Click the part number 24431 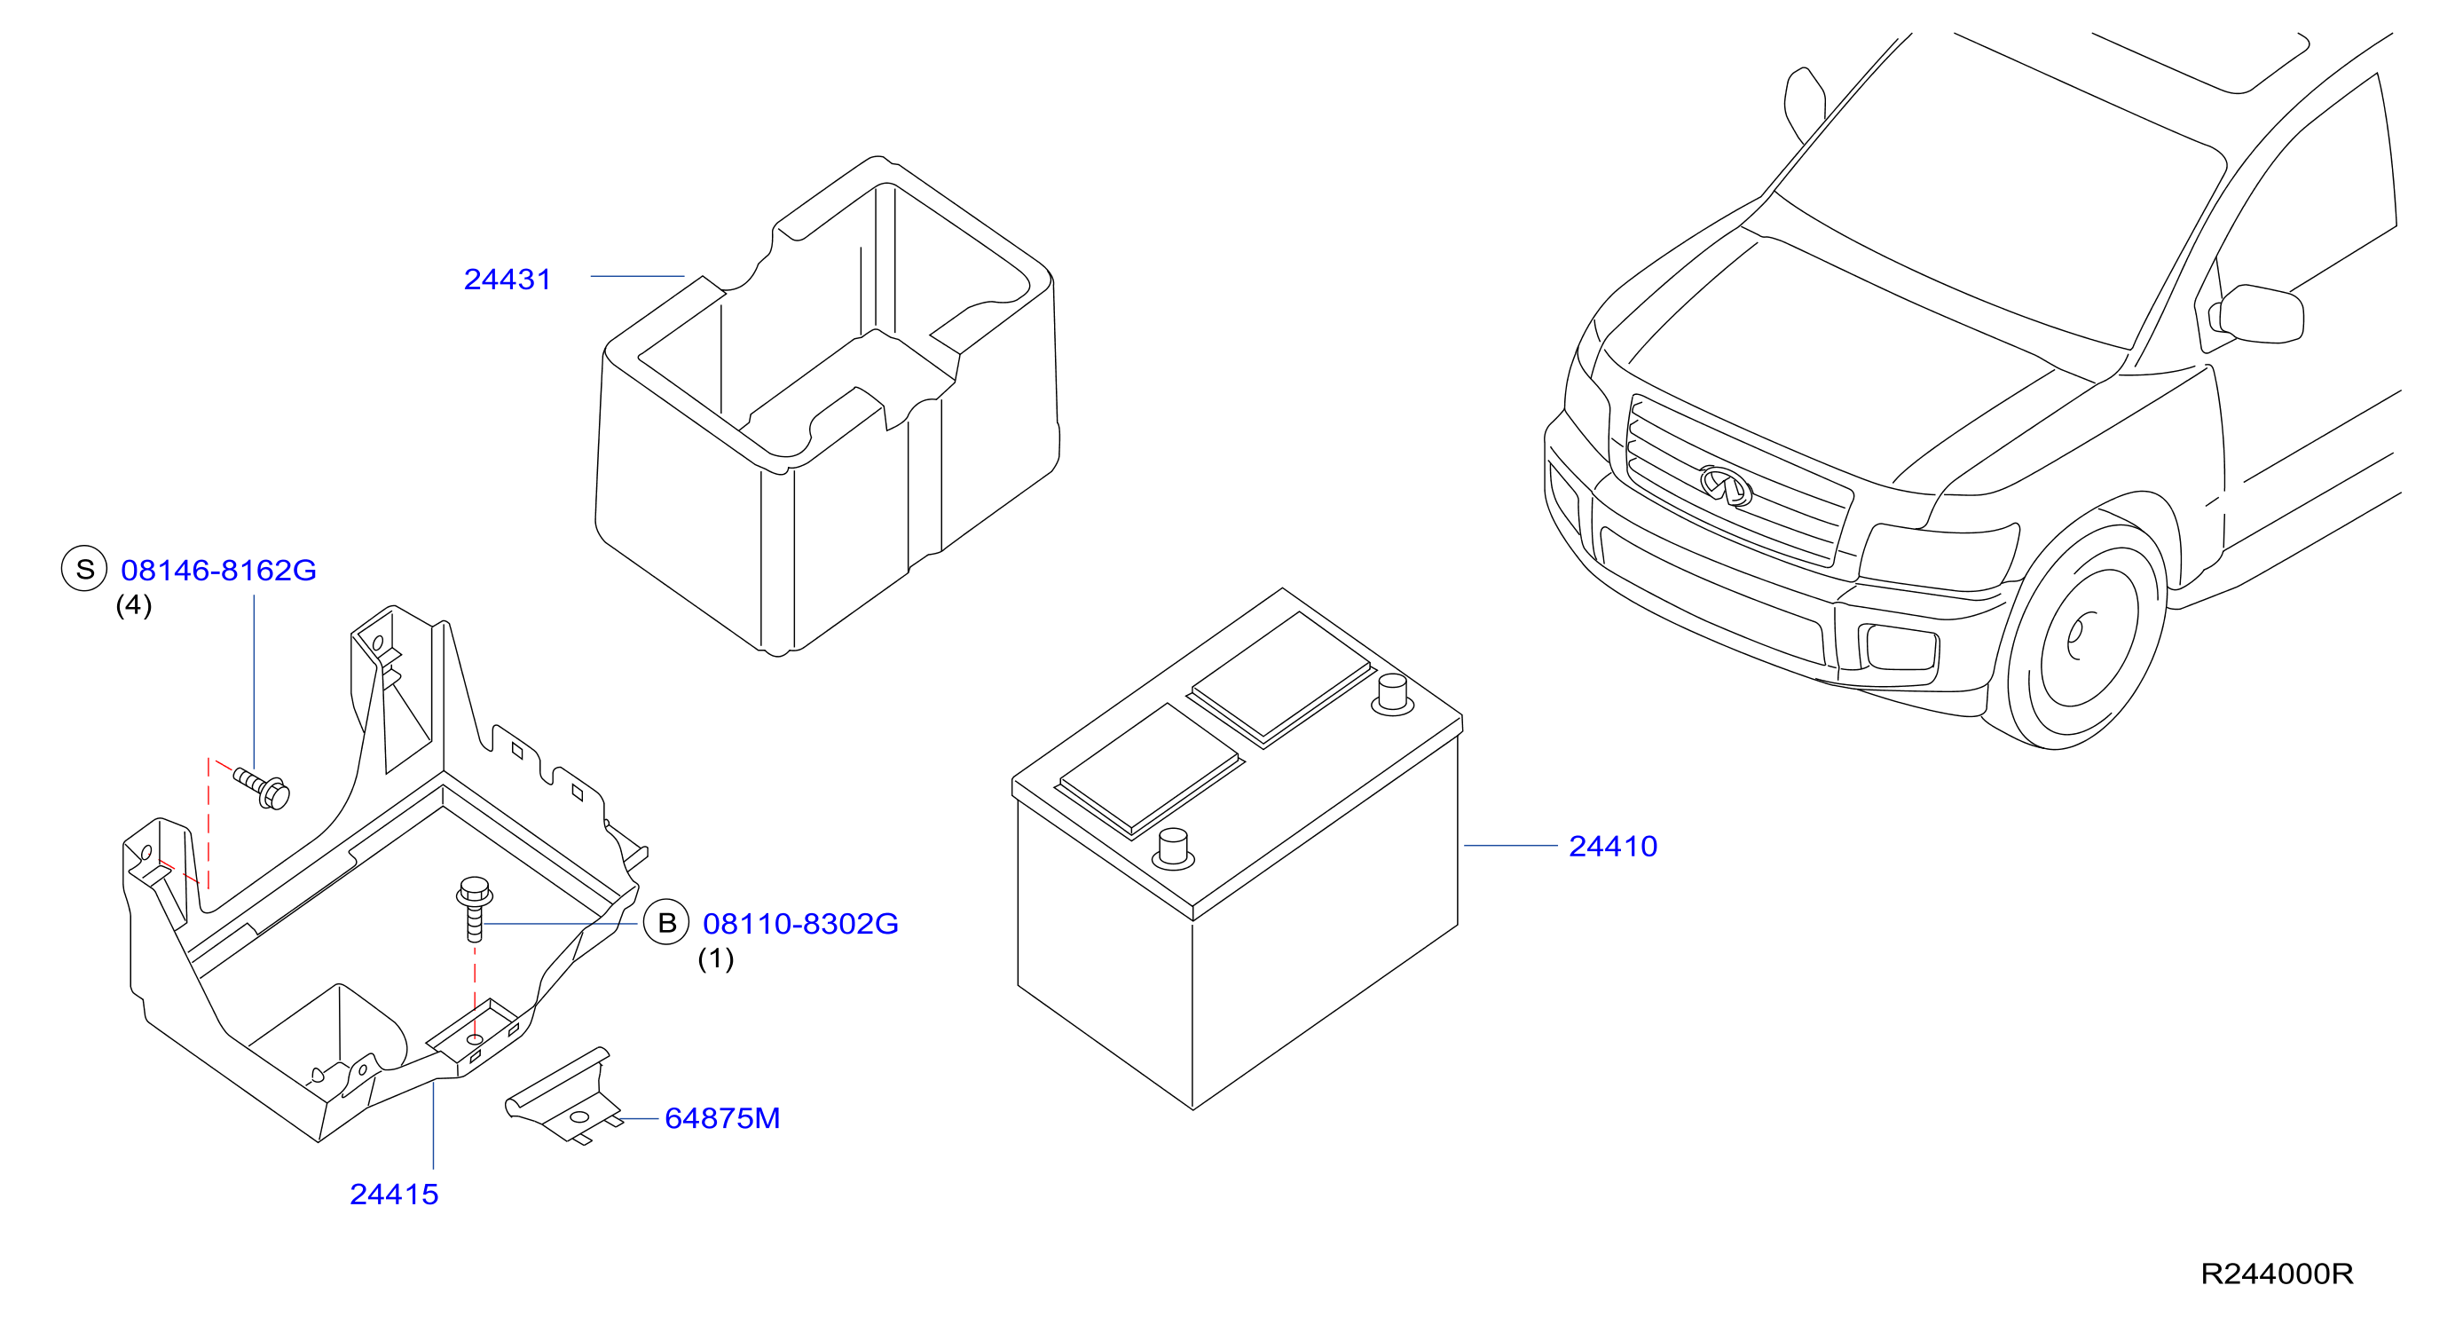[x=507, y=280]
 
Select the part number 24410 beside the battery [x=1612, y=847]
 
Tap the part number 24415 [x=394, y=1195]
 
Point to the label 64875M [x=722, y=1118]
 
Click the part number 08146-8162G [x=218, y=570]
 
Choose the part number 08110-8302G [x=800, y=924]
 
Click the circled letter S [x=84, y=569]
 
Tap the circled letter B [x=666, y=923]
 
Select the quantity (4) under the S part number [x=134, y=605]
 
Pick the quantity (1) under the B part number [x=715, y=958]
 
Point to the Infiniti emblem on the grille [x=1725, y=485]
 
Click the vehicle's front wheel [x=2084, y=636]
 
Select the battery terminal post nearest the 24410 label [x=1392, y=694]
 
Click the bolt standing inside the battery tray [x=475, y=909]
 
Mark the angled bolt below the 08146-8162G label [x=262, y=789]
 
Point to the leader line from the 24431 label [x=637, y=276]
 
